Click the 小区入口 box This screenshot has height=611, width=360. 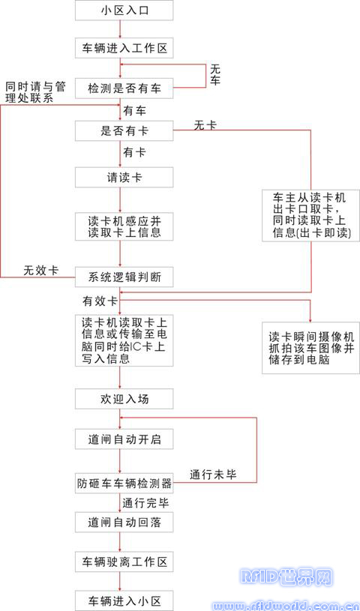124,10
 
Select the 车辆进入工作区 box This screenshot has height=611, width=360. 124,49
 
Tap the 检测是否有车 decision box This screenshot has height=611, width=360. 124,89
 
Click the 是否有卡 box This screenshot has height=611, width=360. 124,131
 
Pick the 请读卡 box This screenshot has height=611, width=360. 124,177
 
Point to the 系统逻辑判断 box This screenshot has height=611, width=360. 124,277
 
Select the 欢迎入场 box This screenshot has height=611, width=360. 124,399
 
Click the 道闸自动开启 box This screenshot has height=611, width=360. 124,439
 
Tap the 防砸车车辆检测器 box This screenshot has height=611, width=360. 124,484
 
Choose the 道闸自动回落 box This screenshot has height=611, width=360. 124,522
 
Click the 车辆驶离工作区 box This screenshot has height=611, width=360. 124,562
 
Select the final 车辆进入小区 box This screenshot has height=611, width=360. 124,600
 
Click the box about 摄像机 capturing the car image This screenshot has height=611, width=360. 310,348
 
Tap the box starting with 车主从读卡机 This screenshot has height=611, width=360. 310,215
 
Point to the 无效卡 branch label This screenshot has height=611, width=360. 41,271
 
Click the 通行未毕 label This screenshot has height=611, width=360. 213,475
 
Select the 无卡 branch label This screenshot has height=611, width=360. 205,125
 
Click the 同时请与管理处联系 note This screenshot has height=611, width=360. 35,92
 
